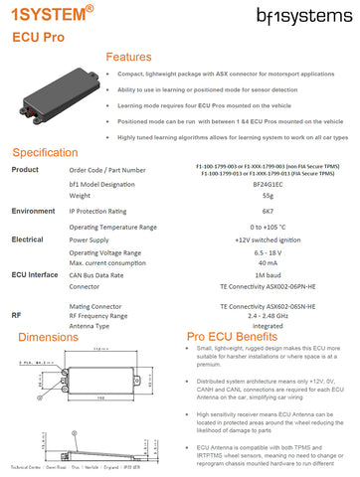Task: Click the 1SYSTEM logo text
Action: pos(47,16)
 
